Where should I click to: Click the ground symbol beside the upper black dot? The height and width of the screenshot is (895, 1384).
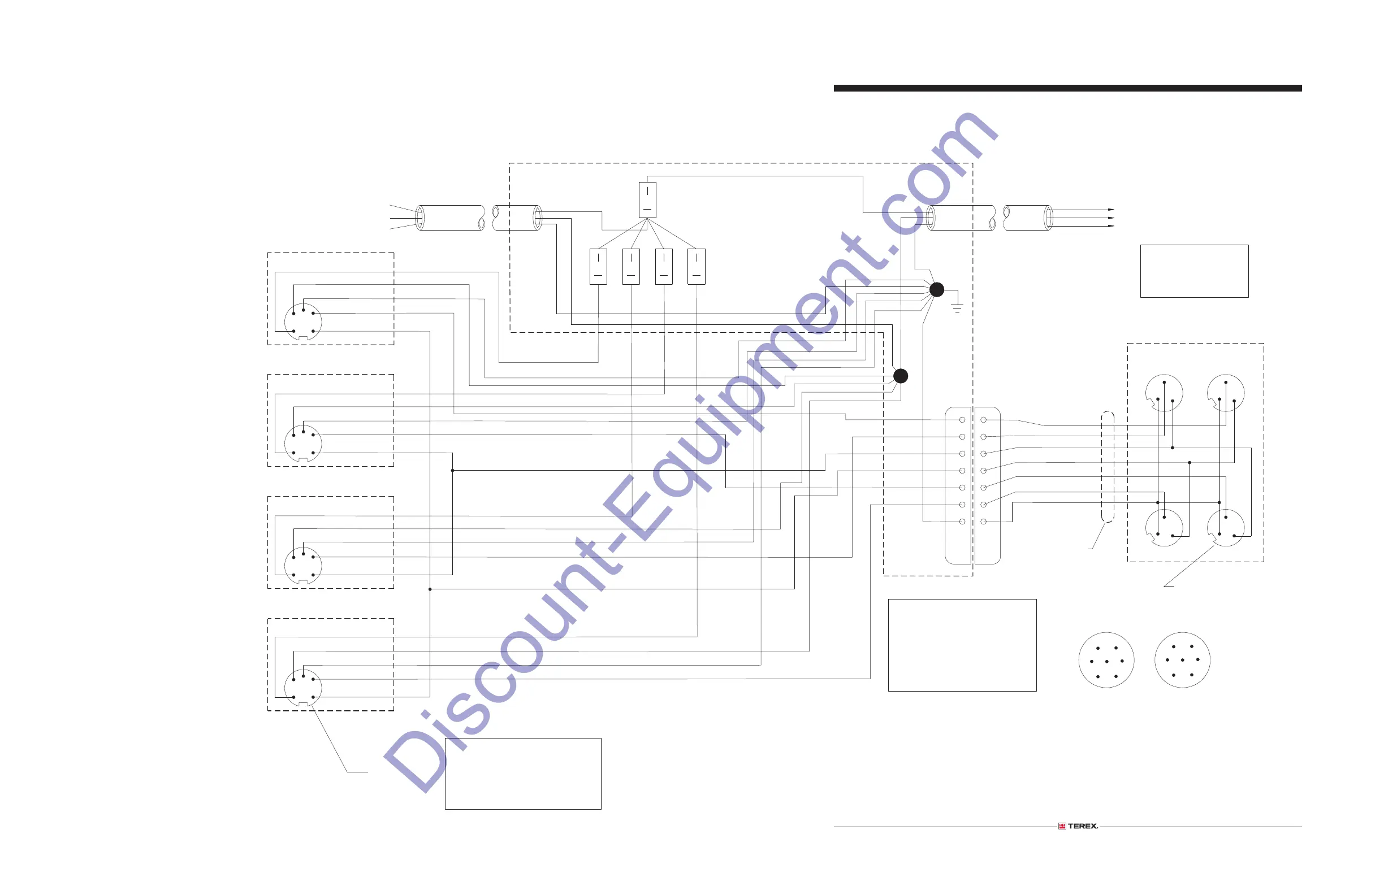[957, 306]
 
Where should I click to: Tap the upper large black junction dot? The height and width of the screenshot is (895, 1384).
[936, 289]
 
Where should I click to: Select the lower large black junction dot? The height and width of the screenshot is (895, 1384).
[900, 376]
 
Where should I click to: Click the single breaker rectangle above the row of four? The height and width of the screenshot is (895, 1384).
[647, 200]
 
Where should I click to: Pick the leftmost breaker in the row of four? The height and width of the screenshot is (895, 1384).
[598, 267]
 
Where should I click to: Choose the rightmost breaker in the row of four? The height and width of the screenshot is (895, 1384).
[696, 267]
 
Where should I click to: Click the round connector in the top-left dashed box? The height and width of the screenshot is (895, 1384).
[302, 321]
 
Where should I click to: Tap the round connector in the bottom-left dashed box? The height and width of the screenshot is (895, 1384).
[302, 688]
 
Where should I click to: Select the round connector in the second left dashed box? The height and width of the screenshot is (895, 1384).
[302, 444]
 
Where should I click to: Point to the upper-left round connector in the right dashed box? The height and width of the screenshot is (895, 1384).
[1164, 393]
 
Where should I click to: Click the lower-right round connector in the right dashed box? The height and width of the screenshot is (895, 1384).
[1225, 528]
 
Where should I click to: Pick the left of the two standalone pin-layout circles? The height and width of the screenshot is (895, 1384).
[1106, 660]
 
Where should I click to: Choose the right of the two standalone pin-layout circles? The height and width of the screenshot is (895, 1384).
[1182, 660]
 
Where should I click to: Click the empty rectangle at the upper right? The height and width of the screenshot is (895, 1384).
[1194, 271]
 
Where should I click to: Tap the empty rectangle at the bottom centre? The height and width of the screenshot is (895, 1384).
[523, 774]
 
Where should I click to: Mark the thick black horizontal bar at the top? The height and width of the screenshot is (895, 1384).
[1067, 88]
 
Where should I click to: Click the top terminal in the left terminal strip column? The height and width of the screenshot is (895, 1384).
[962, 420]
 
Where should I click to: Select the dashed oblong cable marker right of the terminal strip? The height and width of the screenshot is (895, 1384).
[1108, 467]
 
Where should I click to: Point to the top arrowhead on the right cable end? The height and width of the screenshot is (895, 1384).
[1111, 209]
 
